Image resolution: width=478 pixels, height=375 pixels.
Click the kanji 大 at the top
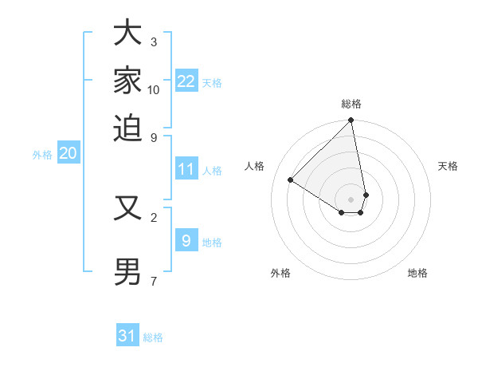[x=127, y=35]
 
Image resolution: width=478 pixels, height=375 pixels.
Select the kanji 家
[x=127, y=81]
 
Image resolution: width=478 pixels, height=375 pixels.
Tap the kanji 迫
[x=127, y=128]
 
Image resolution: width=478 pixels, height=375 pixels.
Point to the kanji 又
[x=127, y=209]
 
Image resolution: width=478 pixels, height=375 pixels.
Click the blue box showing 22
[x=186, y=81]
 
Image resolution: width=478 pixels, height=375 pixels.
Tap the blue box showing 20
[x=68, y=154]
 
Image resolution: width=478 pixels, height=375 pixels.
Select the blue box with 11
[x=186, y=169]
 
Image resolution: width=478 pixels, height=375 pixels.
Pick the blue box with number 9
[x=186, y=241]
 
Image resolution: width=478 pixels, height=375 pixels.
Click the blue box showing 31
[x=127, y=336]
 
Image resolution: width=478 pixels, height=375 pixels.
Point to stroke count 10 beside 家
[x=154, y=90]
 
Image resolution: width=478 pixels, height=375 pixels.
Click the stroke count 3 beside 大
[x=154, y=41]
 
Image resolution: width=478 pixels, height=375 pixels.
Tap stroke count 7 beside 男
[x=154, y=281]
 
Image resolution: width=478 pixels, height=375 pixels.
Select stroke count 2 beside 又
[x=154, y=216]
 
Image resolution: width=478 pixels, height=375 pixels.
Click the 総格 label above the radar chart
[x=351, y=104]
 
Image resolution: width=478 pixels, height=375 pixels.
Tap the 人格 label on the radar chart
[x=255, y=166]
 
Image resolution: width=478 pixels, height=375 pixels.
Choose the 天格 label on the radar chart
[x=448, y=166]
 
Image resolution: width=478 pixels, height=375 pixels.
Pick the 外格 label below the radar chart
[x=280, y=273]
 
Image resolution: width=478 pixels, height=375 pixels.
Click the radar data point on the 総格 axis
[x=351, y=120]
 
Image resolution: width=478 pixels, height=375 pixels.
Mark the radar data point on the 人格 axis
[x=291, y=180]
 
